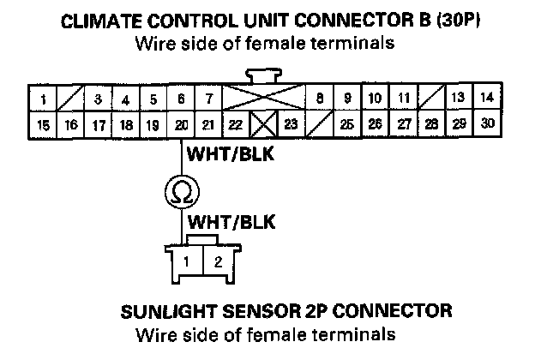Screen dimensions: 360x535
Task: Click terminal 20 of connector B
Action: (181, 125)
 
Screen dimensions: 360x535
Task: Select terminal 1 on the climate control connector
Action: (42, 99)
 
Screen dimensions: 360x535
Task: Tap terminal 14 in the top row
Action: (485, 97)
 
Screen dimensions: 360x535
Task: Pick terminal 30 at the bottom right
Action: (487, 123)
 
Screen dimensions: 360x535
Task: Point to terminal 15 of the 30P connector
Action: (43, 125)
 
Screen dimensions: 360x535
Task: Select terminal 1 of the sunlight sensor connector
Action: (185, 261)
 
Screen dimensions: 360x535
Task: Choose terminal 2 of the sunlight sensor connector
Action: (218, 261)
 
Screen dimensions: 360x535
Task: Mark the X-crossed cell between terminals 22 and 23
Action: (263, 125)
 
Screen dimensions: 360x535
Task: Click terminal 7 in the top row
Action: (207, 99)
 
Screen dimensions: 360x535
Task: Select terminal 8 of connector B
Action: (319, 98)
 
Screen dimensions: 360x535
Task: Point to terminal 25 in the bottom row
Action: (347, 124)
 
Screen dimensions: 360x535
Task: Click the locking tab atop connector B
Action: (262, 75)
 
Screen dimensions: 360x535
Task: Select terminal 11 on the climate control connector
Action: (403, 98)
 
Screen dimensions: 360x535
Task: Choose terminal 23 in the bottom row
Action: (291, 125)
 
